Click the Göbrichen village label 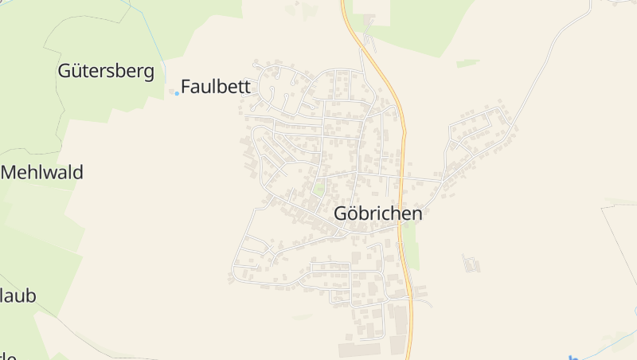click(x=378, y=213)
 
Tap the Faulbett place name click(x=216, y=87)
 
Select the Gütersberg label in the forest click(x=106, y=71)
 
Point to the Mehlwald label click(x=43, y=172)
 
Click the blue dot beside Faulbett click(x=177, y=93)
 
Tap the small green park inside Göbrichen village click(x=318, y=190)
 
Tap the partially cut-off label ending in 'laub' click(x=18, y=296)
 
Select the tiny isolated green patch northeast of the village click(x=468, y=62)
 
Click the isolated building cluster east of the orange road click(x=471, y=262)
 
